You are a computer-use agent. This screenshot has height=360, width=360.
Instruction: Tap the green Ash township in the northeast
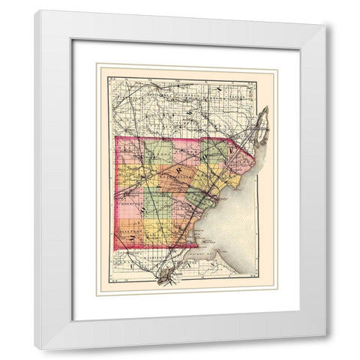216,151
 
